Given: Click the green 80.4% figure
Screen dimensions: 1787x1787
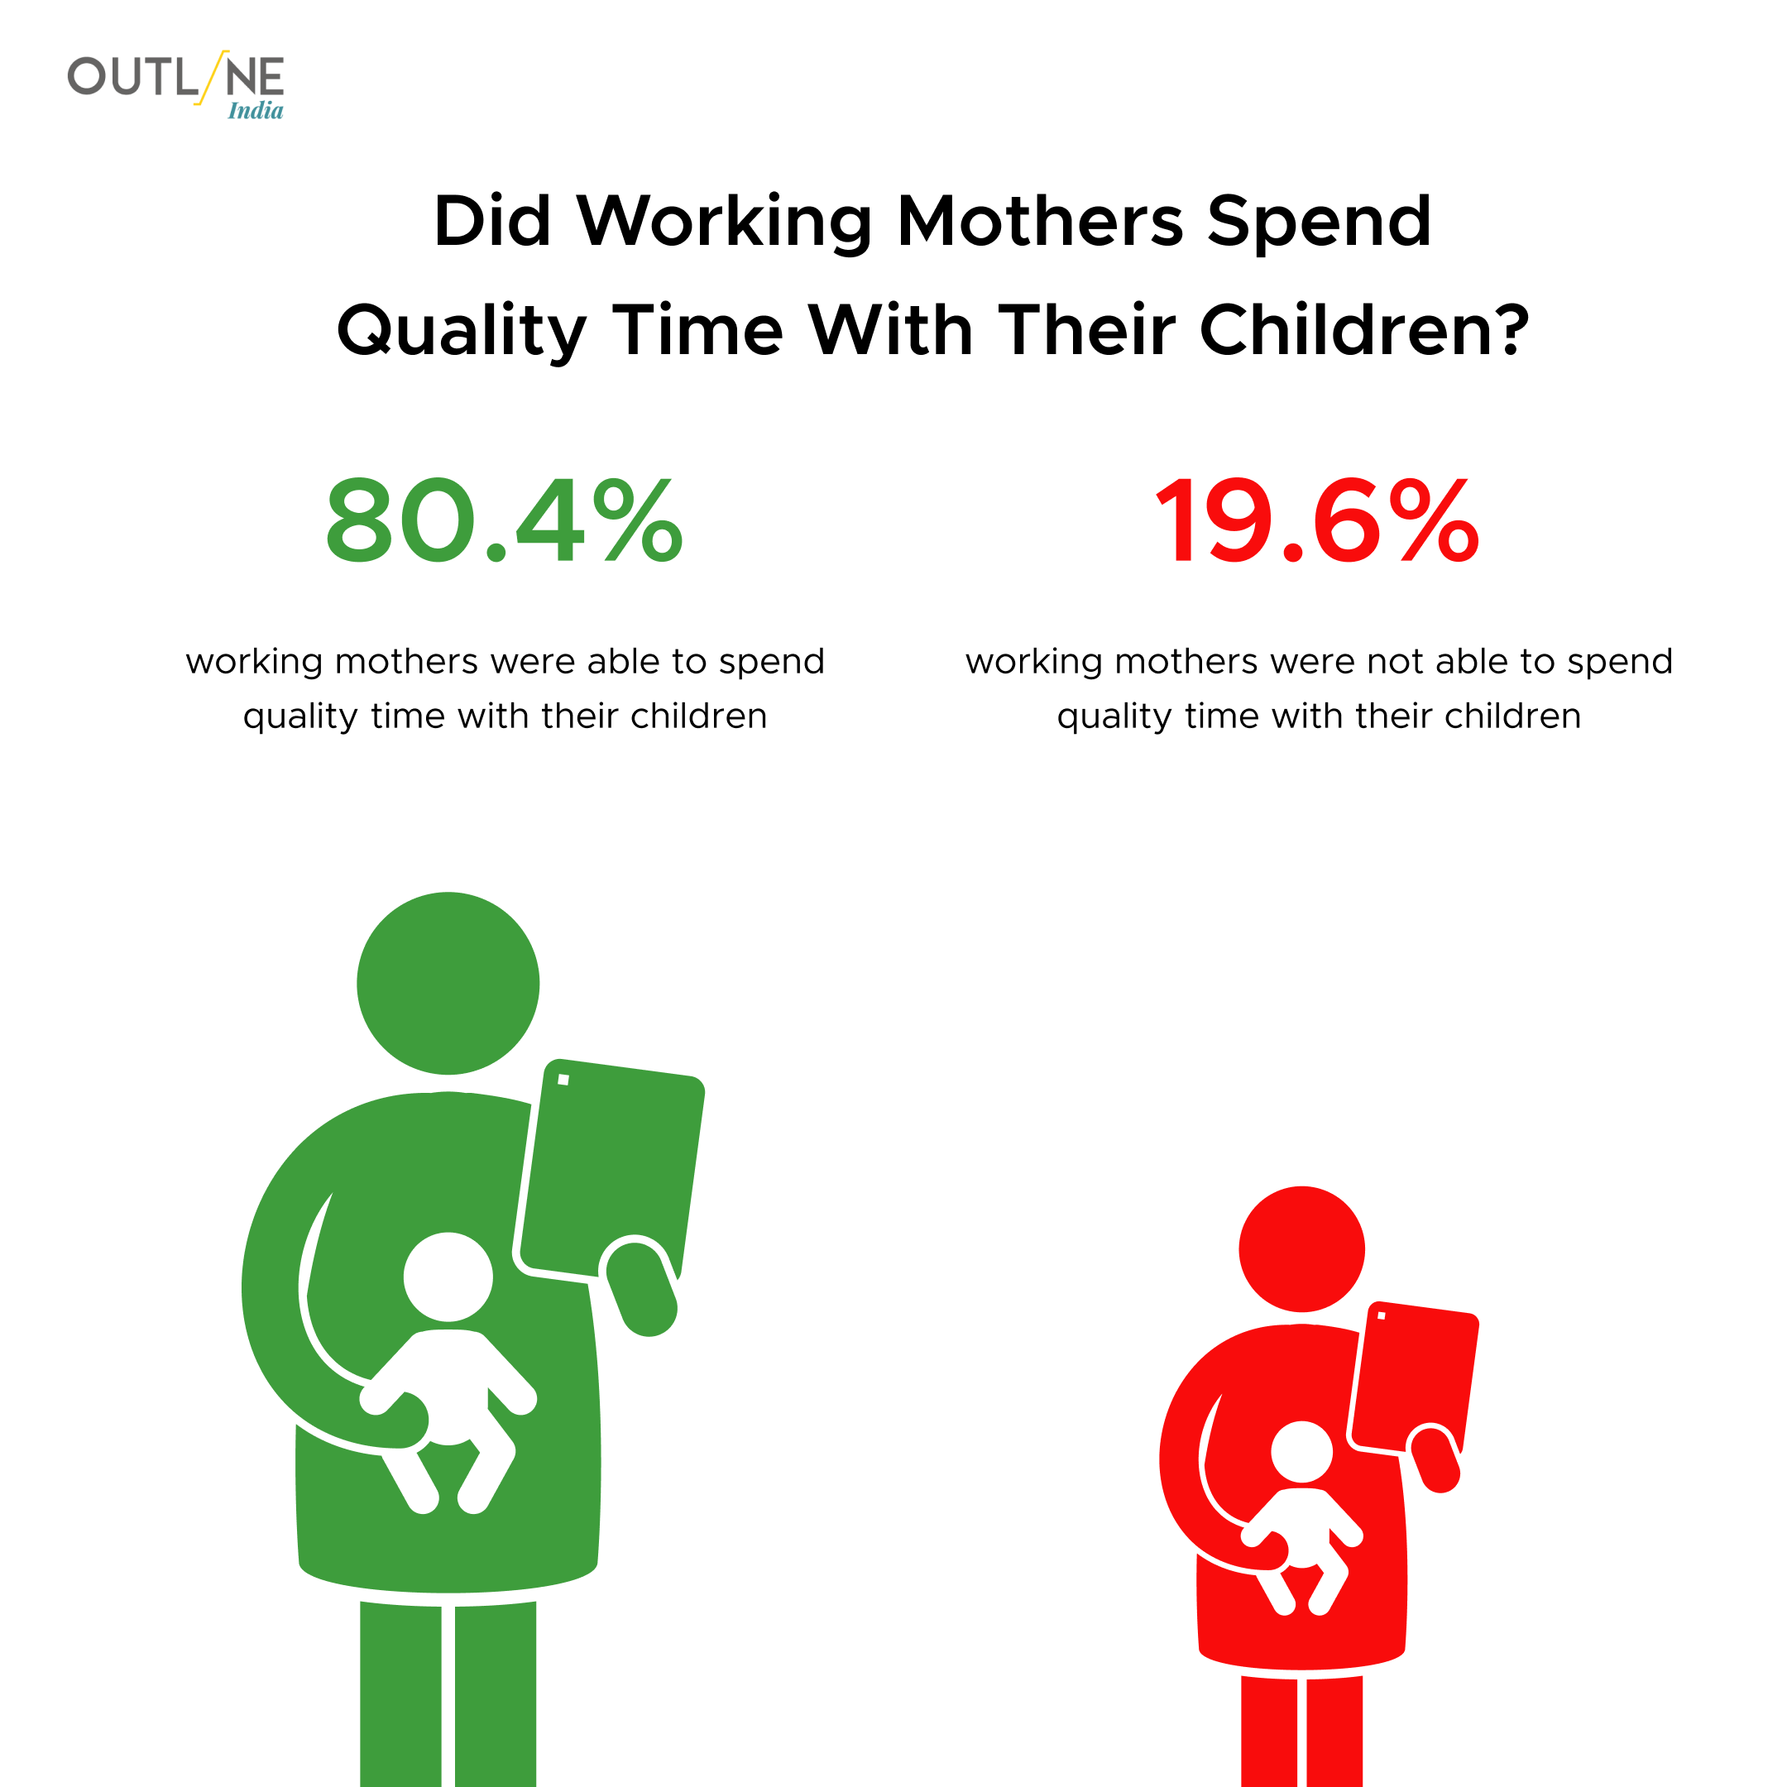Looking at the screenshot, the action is [504, 520].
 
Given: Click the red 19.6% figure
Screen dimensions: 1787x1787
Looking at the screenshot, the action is [1318, 520].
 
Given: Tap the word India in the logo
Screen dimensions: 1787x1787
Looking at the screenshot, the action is [256, 111].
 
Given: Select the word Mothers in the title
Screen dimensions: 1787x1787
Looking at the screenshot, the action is [1040, 221].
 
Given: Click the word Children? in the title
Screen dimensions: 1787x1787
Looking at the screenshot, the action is [1364, 330].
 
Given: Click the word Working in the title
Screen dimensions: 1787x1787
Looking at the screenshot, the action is [726, 223].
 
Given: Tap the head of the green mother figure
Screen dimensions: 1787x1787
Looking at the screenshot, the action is [448, 983].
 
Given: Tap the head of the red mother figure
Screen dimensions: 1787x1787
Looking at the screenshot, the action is [1301, 1248].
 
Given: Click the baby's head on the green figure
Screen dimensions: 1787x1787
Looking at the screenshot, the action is [448, 1277].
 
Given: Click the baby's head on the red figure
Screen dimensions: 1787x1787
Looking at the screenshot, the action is [1301, 1452].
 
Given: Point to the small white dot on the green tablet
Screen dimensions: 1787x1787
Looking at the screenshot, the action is [563, 1080].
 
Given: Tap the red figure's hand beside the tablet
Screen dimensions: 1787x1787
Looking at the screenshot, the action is [1435, 1459].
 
